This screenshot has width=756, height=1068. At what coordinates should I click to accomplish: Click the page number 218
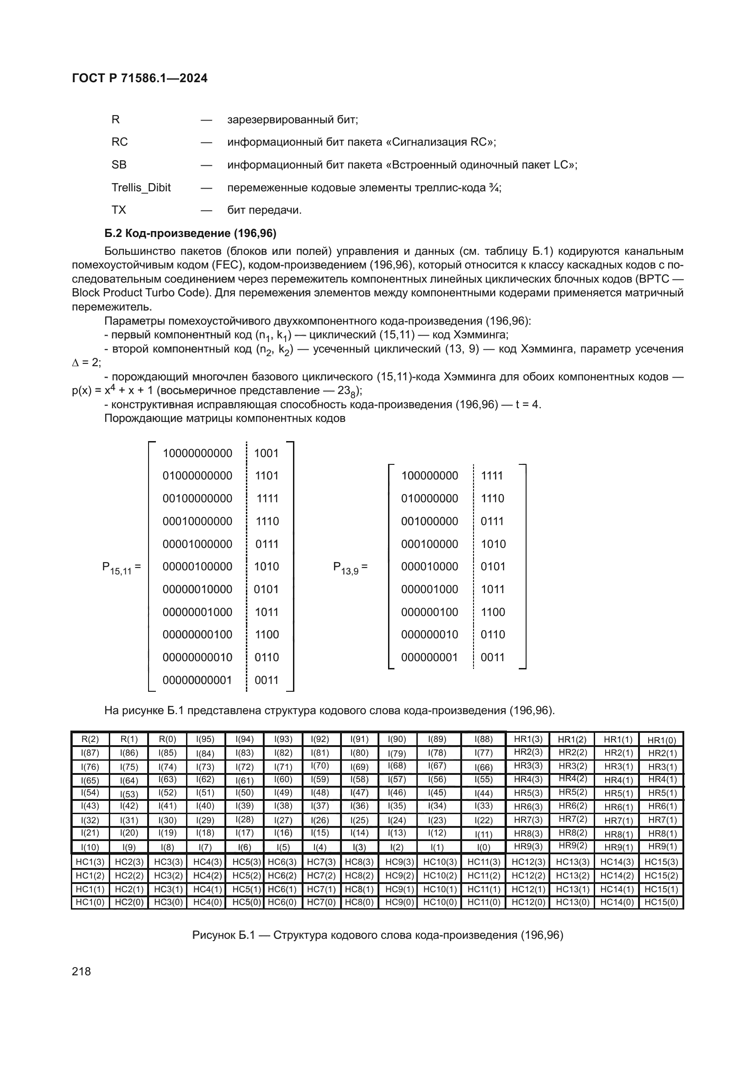(81, 971)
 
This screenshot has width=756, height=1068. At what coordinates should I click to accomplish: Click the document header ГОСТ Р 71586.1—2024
(140, 78)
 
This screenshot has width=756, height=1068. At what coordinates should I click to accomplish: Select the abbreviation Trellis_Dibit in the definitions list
(141, 188)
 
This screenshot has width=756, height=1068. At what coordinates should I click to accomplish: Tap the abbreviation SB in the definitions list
(119, 165)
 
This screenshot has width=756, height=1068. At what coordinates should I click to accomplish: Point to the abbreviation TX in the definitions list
(119, 210)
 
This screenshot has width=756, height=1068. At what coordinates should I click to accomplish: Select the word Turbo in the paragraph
(149, 293)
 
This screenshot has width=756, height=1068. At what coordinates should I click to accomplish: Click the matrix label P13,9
(349, 568)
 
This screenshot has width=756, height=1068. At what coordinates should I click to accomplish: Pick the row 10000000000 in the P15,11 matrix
(197, 453)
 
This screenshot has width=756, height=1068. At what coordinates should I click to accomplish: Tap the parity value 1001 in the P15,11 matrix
(266, 453)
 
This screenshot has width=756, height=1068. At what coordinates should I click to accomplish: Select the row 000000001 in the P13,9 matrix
(429, 657)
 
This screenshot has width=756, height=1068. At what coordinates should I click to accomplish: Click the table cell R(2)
(91, 739)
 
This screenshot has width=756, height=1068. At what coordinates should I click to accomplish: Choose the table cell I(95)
(205, 739)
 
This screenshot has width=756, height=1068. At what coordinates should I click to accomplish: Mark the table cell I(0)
(483, 847)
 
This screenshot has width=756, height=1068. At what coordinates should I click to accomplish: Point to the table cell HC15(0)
(661, 902)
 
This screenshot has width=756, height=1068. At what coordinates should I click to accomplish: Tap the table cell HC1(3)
(91, 862)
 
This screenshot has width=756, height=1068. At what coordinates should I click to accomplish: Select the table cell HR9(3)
(528, 847)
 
